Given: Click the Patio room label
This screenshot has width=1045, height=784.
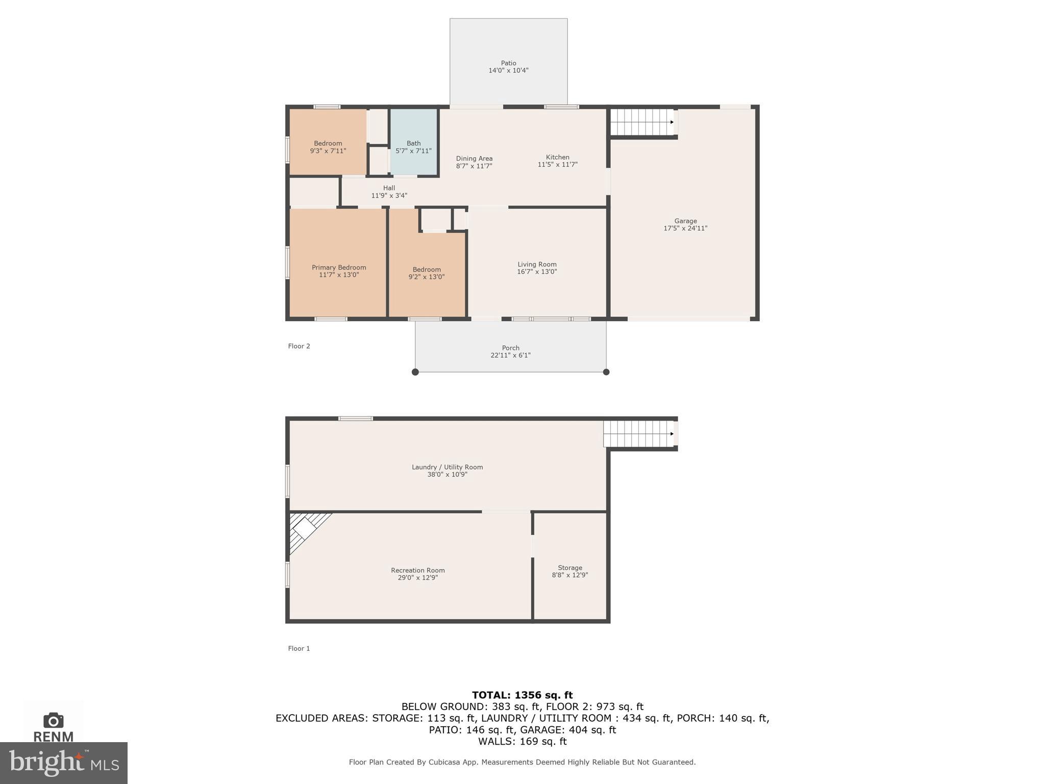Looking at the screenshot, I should point(508,63).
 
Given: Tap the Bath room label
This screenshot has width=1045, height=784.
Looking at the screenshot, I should point(413,143).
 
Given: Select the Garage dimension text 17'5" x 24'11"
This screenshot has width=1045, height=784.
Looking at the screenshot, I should point(685,229).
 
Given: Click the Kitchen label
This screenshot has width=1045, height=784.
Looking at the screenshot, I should point(557,157).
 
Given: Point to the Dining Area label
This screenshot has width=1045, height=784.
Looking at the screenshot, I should point(474,159).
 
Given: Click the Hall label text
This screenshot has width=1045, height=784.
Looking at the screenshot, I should point(389,188).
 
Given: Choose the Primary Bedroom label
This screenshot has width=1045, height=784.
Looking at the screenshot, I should point(339,267).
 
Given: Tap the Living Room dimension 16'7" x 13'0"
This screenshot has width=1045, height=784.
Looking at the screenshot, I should point(537,272).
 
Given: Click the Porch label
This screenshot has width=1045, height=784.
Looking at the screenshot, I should point(510,348).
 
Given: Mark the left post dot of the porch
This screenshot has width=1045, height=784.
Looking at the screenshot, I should point(415,372).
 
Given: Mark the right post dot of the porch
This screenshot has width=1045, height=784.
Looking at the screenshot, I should point(606,372).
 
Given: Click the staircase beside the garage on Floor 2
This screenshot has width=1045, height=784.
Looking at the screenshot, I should point(641,122).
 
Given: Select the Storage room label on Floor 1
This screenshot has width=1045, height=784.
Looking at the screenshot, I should point(570,568).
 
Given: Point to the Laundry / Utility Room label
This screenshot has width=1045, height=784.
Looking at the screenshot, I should point(447,467).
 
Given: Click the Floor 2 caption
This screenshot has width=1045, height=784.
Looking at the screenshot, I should point(299,346).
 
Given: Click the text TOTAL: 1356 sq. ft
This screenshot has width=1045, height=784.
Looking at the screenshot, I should point(522,695).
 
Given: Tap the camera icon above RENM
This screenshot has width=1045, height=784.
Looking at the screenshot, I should point(54,720).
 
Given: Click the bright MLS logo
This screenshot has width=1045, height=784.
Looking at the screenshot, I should point(63,763).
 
